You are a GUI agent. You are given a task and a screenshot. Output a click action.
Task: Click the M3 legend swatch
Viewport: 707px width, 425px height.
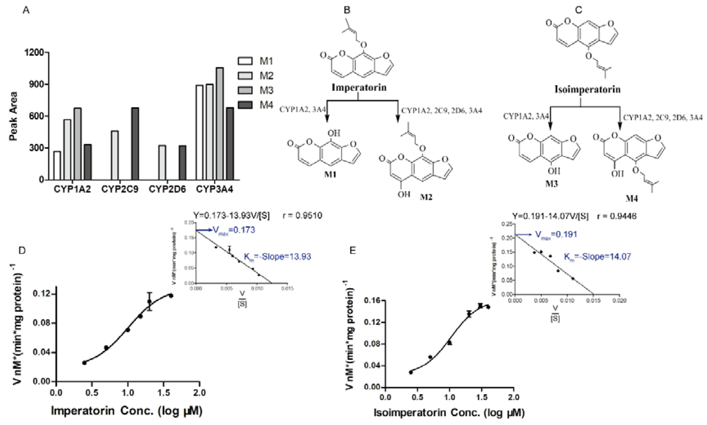point(245,90)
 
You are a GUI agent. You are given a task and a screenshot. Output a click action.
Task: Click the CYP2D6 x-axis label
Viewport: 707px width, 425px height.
point(167,189)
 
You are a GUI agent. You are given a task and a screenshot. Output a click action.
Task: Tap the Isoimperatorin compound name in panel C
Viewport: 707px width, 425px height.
point(587,89)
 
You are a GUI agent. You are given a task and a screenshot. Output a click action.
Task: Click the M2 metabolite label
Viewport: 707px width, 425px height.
point(426,197)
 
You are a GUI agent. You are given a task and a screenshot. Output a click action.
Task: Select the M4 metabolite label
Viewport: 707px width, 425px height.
point(631,198)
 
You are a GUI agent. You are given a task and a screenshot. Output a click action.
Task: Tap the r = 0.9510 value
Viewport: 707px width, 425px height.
point(302,215)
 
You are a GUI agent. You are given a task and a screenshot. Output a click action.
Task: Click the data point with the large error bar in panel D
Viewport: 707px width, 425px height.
point(149,301)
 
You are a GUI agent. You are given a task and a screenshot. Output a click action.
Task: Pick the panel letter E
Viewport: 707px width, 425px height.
point(353,251)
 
